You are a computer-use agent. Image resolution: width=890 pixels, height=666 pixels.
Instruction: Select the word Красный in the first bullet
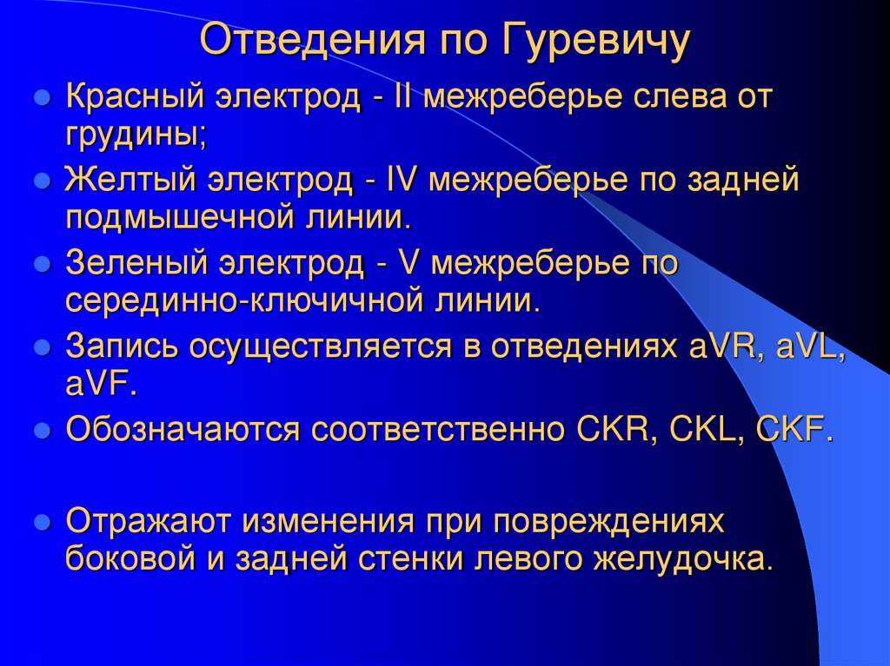(x=129, y=98)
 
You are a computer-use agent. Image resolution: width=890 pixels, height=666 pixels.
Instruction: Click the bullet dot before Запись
(x=40, y=347)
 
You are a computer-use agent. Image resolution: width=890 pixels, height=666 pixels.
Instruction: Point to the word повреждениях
(x=608, y=521)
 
